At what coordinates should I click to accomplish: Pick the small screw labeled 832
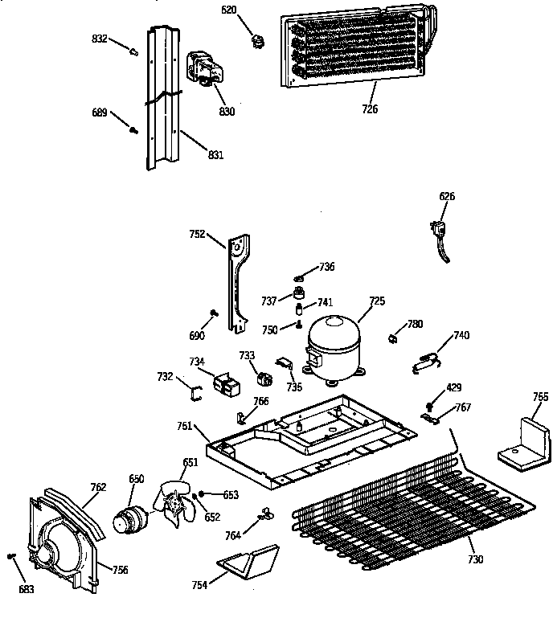133,51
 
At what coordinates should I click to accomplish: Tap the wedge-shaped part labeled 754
248,560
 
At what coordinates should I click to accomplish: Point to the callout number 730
475,559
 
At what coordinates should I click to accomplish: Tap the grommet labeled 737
301,292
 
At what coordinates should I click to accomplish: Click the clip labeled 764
263,513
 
